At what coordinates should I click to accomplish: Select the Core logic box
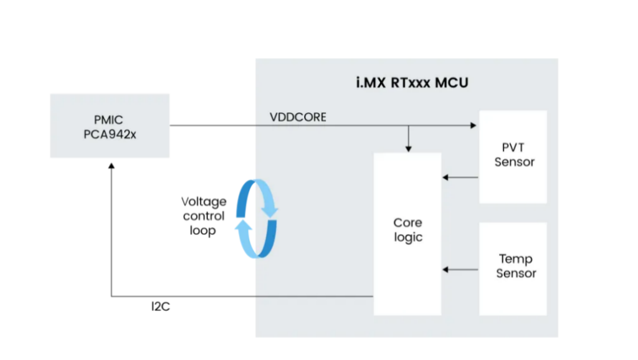point(407,230)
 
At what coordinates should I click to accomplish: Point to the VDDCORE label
point(298,117)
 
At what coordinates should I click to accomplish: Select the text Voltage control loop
point(203,216)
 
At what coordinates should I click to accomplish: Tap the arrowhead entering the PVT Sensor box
point(474,126)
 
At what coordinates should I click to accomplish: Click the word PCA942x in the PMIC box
point(110,133)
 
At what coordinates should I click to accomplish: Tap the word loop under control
point(203,230)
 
